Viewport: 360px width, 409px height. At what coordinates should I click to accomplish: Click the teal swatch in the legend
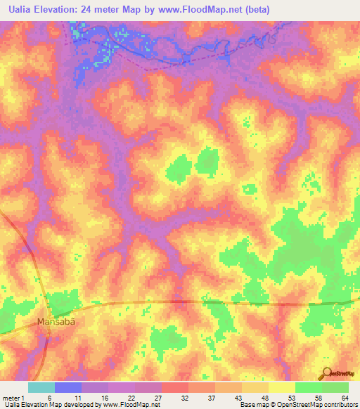(41, 387)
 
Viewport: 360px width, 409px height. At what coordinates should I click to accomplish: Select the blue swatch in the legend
(68, 387)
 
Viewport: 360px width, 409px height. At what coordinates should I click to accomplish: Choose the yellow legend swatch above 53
(281, 387)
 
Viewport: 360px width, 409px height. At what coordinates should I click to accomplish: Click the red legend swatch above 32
(174, 387)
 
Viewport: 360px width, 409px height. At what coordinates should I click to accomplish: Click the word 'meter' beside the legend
(11, 397)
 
